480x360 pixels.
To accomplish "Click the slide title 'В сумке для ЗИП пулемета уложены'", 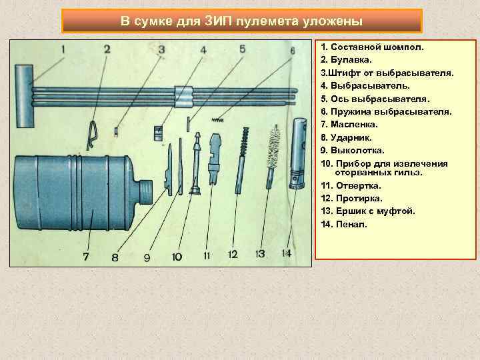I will pos(241,21).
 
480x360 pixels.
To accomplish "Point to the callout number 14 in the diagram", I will pos(286,253).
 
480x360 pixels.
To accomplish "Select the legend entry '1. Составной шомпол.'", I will pos(371,48).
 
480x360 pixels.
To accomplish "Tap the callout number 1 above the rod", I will pos(63,49).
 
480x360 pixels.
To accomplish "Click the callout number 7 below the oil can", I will pos(85,256).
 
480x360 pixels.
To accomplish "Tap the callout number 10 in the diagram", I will pos(176,256).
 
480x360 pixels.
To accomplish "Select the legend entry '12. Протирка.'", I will pos(351,198).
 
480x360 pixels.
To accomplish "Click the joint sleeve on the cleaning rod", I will pos(183,97).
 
